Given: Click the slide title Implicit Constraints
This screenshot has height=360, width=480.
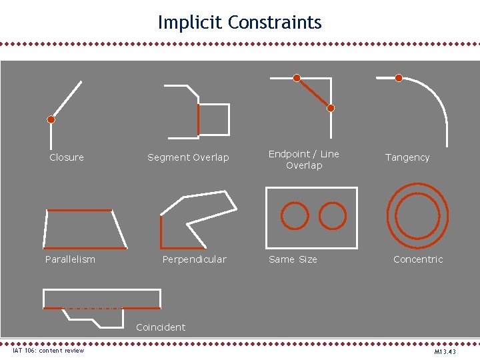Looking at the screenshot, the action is click(240, 23).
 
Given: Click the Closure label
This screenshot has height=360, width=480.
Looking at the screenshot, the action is click(67, 157).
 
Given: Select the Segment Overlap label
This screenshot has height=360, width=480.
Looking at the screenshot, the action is click(188, 157).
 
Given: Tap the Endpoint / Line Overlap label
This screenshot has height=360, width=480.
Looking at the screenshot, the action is click(303, 159).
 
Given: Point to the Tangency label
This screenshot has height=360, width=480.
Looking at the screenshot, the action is click(407, 157).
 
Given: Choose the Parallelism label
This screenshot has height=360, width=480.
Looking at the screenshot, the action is click(70, 259).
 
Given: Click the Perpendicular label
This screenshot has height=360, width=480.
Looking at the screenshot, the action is click(194, 259).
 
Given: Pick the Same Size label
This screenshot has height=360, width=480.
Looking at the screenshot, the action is click(293, 259).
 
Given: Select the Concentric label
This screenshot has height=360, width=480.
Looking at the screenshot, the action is click(418, 259).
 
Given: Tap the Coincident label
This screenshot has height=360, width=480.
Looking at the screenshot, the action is click(161, 327).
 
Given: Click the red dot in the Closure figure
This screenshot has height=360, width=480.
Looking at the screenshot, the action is click(51, 120).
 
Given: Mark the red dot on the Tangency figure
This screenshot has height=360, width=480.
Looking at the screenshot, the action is click(399, 78).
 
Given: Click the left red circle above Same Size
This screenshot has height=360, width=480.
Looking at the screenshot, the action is click(295, 216).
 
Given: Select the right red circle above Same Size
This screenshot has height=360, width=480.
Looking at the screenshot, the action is click(333, 216).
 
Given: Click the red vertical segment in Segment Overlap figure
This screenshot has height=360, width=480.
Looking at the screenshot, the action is click(199, 119).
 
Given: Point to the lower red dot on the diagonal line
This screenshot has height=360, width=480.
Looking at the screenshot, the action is click(331, 108).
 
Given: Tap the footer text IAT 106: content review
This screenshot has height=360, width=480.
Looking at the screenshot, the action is click(49, 351).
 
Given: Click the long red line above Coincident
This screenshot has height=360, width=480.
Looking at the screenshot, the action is click(101, 308).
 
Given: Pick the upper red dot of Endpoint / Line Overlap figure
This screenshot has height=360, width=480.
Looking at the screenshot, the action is click(297, 77).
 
